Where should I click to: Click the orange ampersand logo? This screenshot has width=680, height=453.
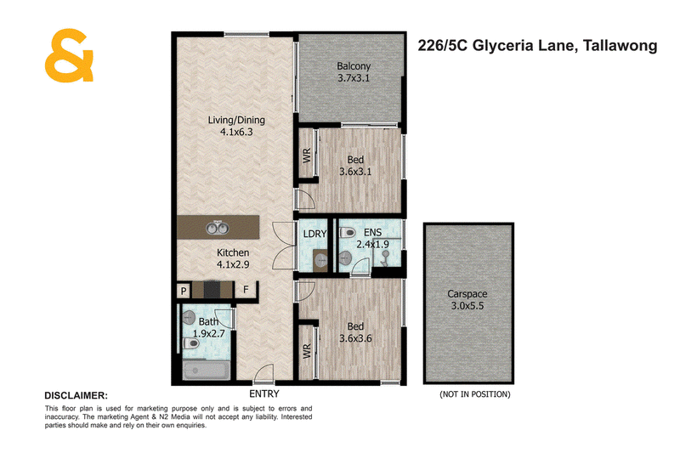point(69,55)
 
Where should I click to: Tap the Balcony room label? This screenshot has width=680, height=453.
point(354,66)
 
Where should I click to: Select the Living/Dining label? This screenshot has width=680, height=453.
point(236,120)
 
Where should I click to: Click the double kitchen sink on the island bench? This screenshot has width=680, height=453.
point(218,227)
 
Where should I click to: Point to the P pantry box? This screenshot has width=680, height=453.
point(184,291)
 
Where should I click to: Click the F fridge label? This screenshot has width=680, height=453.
point(246,289)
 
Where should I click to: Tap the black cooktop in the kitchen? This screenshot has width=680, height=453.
point(212,290)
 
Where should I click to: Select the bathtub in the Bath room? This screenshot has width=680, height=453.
point(207,371)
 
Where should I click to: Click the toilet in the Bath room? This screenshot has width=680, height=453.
point(191,344)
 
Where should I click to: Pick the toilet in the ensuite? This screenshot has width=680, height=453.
point(348,233)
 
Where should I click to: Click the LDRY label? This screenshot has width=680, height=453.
point(314,234)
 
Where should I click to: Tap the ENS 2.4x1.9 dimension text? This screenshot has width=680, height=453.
point(372,245)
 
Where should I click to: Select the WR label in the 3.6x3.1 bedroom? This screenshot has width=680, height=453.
point(307,156)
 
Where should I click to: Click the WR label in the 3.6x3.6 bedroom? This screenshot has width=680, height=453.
point(307,351)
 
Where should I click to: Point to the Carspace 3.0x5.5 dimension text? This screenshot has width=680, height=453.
point(467,306)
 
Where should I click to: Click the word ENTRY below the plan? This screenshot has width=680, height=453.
point(264,394)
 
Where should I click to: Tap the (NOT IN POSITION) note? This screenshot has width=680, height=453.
point(475,394)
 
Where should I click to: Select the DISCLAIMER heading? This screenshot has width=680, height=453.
point(76,396)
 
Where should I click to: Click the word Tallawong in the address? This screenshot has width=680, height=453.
point(620,46)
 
